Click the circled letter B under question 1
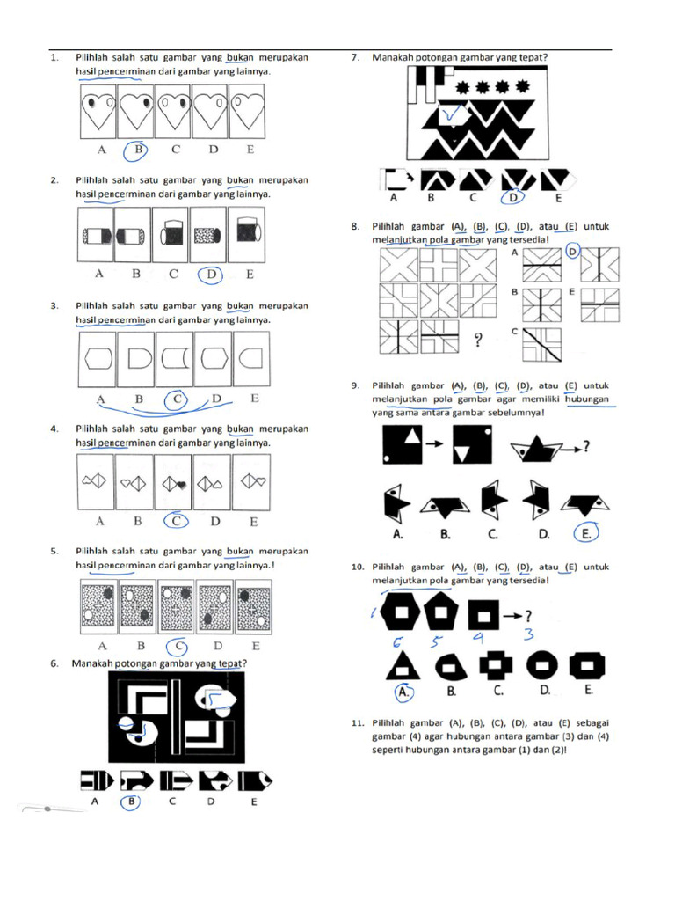click(x=137, y=150)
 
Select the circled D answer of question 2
click(x=212, y=275)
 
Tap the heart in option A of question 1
click(x=96, y=111)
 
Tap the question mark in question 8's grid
click(x=479, y=341)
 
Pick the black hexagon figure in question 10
click(x=402, y=610)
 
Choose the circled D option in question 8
click(x=572, y=253)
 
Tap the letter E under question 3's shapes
click(x=255, y=399)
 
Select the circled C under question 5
click(x=178, y=644)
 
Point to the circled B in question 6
click(x=132, y=802)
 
